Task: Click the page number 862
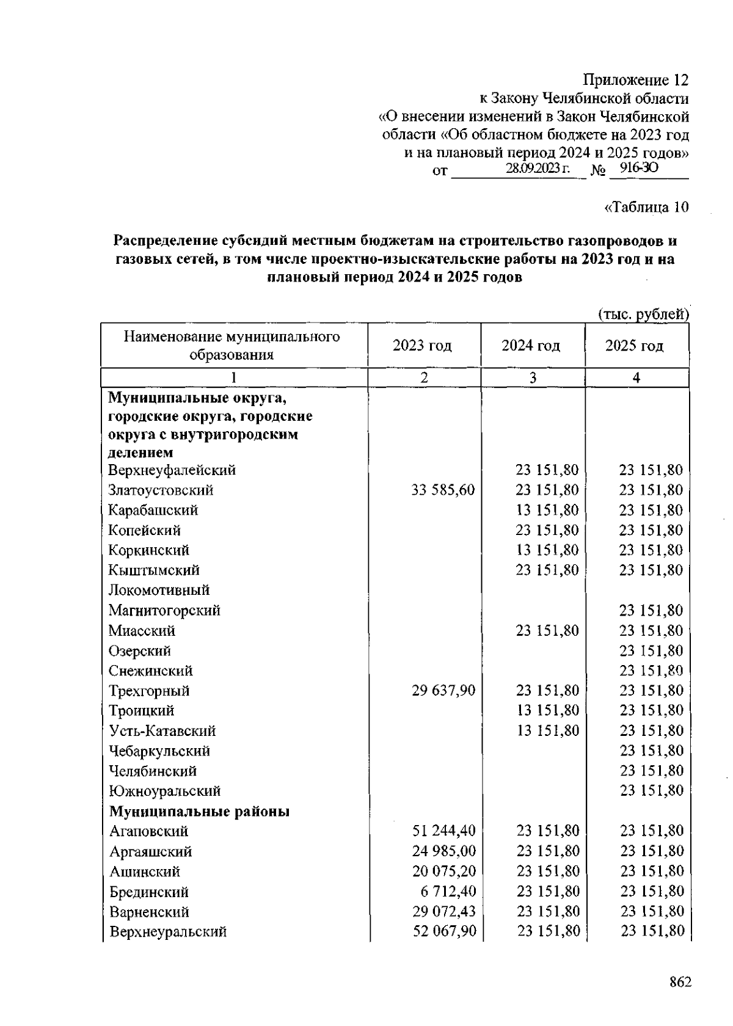[680, 982]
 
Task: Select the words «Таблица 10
[646, 207]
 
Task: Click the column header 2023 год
[422, 346]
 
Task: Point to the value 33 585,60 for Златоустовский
[443, 490]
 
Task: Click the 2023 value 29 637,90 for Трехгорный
[443, 691]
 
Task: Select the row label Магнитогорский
[164, 610]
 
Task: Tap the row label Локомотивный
[159, 590]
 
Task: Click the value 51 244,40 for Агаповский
[444, 831]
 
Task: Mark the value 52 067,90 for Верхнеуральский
[444, 931]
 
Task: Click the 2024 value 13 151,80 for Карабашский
[547, 510]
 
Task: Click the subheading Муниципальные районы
[199, 812]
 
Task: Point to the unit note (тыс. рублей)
[643, 315]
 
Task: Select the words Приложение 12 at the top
[635, 80]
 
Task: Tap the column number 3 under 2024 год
[533, 378]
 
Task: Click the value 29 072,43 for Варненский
[444, 912]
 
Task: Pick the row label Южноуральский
[164, 791]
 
